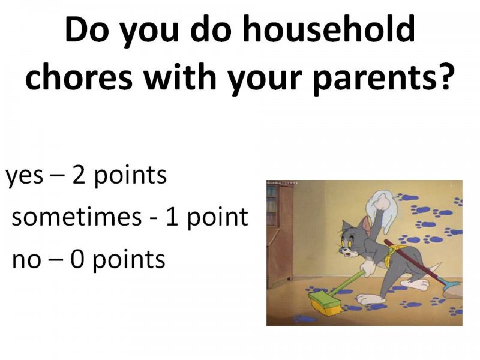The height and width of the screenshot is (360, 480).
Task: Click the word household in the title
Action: [329, 28]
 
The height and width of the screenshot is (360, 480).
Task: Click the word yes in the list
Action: [25, 177]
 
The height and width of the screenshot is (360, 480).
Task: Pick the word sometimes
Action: [77, 217]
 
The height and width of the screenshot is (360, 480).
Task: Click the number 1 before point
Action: [172, 217]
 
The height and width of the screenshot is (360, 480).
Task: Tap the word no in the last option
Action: [26, 260]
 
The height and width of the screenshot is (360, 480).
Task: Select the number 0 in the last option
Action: [77, 259]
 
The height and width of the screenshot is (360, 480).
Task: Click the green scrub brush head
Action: [325, 303]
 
